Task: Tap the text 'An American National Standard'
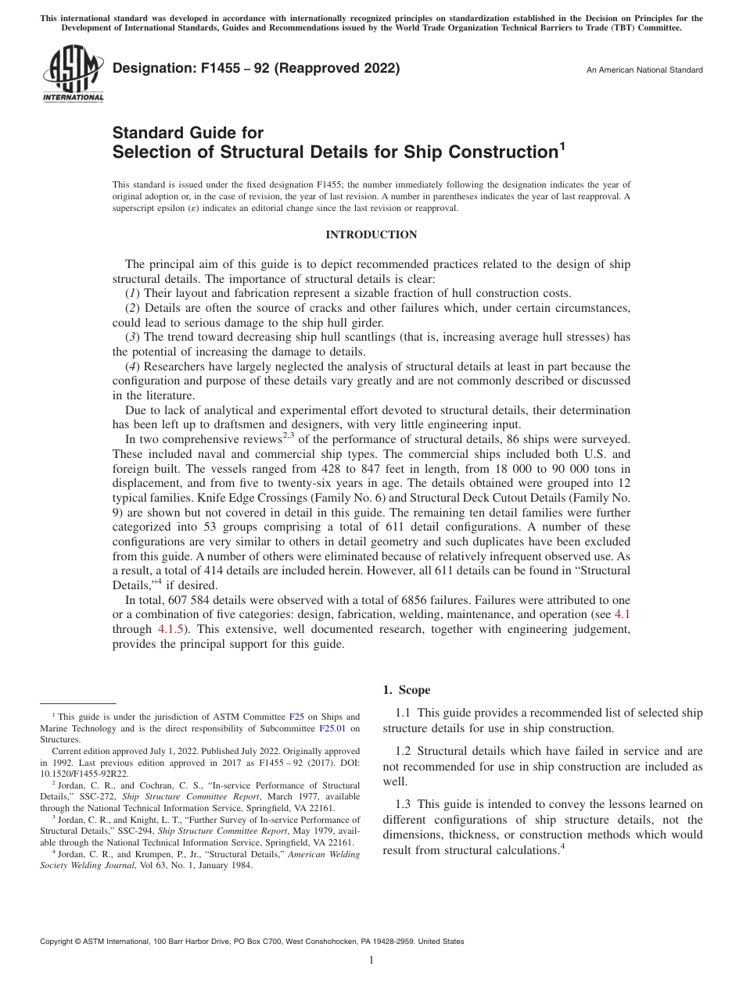[644, 70]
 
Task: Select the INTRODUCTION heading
[371, 234]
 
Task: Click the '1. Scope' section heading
[406, 690]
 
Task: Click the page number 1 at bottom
[371, 960]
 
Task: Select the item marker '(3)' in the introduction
[134, 337]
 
